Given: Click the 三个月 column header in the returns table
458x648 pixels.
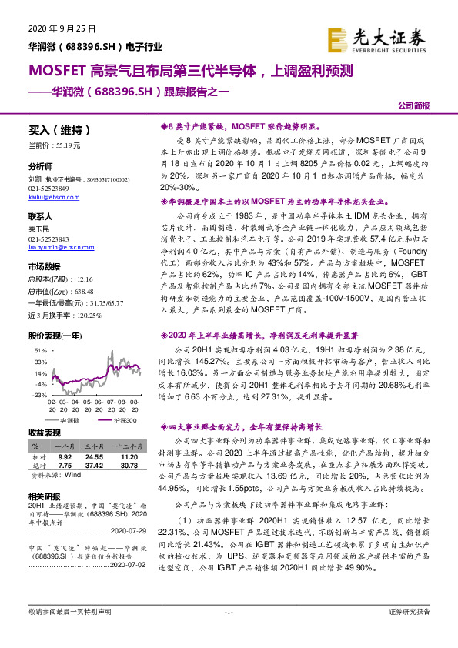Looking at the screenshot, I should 95,446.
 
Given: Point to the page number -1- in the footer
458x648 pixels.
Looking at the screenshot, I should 228,633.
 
